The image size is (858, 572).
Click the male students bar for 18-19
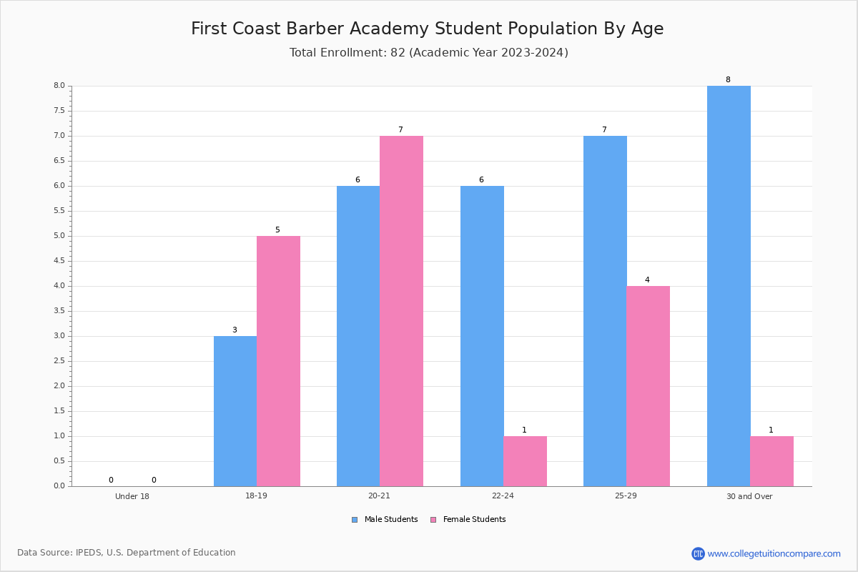[x=235, y=411]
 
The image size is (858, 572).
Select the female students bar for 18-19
[x=278, y=361]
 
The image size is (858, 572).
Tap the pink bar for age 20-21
[x=401, y=311]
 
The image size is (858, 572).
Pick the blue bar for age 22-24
[x=482, y=336]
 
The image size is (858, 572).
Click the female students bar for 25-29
[x=648, y=386]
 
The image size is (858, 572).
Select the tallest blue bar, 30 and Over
[x=729, y=286]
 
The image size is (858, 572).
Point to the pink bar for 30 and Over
[x=771, y=461]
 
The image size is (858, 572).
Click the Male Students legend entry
[x=385, y=520]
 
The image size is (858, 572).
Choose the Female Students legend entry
[x=468, y=520]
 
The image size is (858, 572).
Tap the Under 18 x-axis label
[x=132, y=496]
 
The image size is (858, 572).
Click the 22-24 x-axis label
[x=503, y=495]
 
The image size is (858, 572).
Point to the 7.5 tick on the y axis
[x=59, y=111]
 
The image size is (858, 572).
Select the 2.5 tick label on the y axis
[x=59, y=361]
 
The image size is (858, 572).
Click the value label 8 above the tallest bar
[x=728, y=79]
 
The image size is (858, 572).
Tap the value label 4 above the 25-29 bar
[x=647, y=280]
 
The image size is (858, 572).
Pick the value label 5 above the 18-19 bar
[x=277, y=230]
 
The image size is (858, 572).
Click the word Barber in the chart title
[x=314, y=29]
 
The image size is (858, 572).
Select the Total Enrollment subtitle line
[x=428, y=52]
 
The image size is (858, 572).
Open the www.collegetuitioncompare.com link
[x=774, y=553]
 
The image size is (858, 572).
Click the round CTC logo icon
[x=698, y=553]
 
